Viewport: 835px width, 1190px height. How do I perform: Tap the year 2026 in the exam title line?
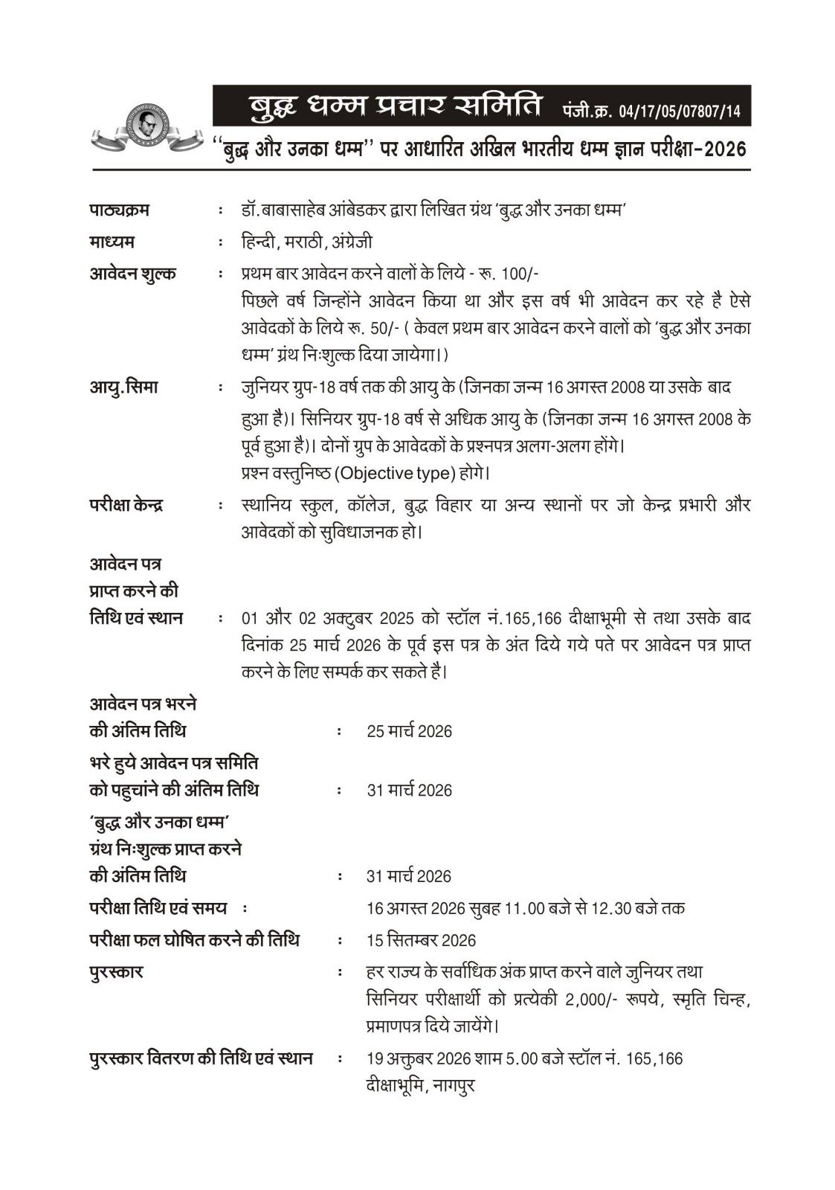724,149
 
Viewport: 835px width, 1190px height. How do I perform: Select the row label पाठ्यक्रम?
120,210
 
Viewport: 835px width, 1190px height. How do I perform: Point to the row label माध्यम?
112,242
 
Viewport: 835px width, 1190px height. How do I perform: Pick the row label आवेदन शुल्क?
133,274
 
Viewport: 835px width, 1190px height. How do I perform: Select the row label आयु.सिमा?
123,387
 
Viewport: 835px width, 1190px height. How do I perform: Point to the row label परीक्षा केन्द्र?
127,504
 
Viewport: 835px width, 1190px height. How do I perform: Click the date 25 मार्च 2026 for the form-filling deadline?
409,731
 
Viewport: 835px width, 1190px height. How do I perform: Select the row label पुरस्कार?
117,972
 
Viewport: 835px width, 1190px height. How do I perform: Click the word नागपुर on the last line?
451,1085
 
